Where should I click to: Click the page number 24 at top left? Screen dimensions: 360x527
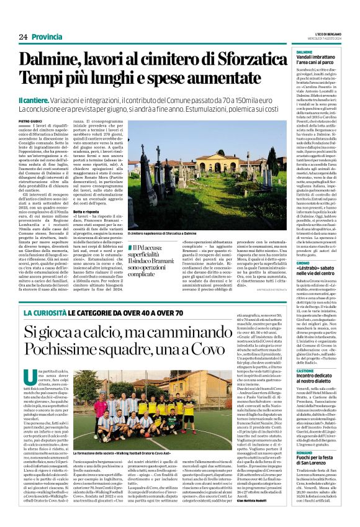click(24, 37)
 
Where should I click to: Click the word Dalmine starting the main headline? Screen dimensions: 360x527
click(53, 61)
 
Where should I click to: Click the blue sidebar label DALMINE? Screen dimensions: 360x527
click(305, 52)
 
